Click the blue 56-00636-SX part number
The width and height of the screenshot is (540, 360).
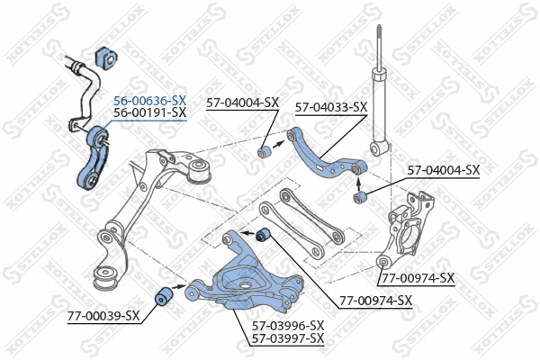[x=149, y=101]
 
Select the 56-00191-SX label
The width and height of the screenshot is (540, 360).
[x=149, y=113]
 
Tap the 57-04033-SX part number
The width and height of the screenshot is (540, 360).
[x=330, y=106]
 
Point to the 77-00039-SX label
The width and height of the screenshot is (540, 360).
[x=103, y=316]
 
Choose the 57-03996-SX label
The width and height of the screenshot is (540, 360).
[x=287, y=325]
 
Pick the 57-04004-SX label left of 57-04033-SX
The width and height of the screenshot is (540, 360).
[x=242, y=103]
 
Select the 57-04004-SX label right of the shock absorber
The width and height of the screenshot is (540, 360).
[x=444, y=169]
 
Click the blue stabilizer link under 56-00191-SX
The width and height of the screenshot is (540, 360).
[x=94, y=162]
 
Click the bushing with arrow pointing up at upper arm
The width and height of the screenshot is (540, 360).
[x=361, y=197]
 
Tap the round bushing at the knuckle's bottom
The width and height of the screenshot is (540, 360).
[x=384, y=261]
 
